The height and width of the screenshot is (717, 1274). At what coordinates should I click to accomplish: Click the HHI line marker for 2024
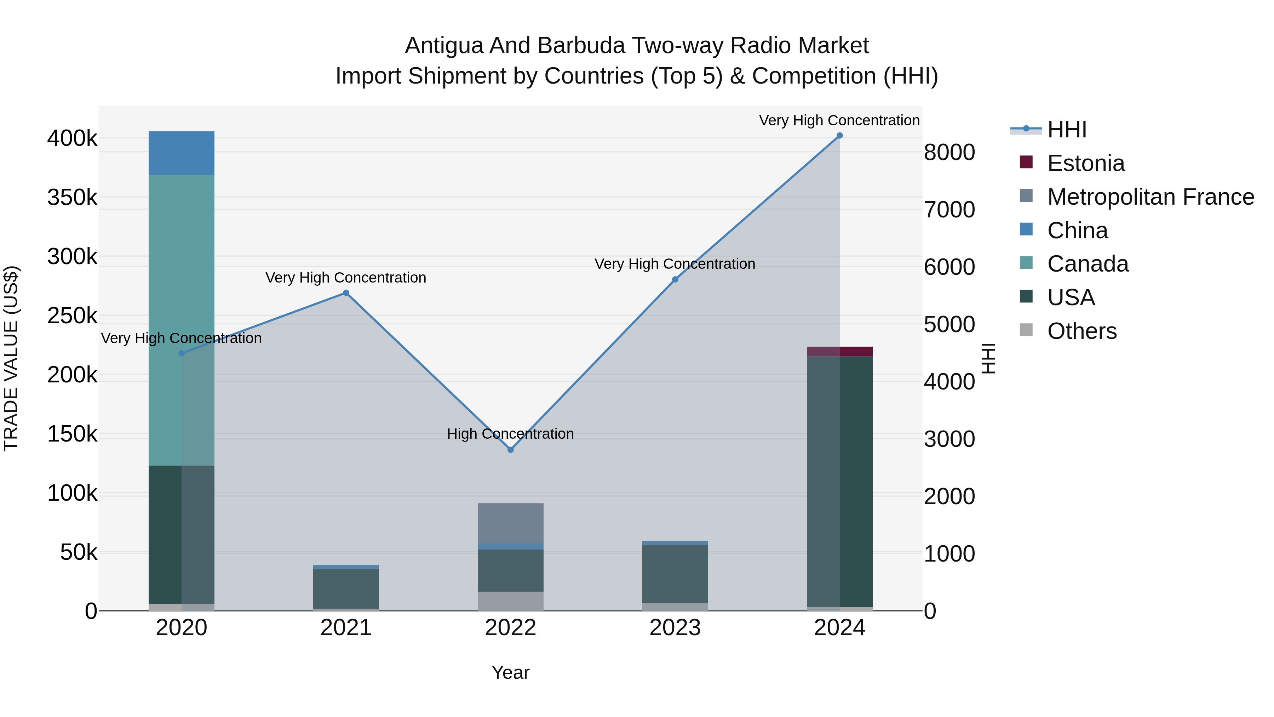[839, 136]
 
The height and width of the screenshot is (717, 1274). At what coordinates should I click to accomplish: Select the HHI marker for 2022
[510, 450]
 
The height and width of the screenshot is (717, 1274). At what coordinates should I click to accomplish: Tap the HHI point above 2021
[346, 293]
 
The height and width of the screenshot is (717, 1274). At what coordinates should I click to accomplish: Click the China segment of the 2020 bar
[182, 153]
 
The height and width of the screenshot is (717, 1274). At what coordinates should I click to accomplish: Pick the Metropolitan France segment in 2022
[510, 524]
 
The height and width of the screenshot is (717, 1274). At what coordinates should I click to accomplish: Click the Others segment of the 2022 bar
[510, 601]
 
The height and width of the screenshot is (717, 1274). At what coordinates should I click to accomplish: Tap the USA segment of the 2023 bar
[675, 574]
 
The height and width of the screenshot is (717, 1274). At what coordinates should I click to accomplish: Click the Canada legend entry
[1088, 264]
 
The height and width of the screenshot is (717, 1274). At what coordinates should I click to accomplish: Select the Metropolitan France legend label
[1150, 197]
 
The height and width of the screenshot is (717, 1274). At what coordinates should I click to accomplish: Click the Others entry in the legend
[1081, 331]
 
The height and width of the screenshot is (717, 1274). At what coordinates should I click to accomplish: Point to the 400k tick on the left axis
[72, 138]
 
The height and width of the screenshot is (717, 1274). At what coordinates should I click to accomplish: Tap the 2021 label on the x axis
[346, 628]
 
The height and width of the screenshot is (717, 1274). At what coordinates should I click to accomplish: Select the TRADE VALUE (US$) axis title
[11, 358]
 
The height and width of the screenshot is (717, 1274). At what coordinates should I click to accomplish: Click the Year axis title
[510, 672]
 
